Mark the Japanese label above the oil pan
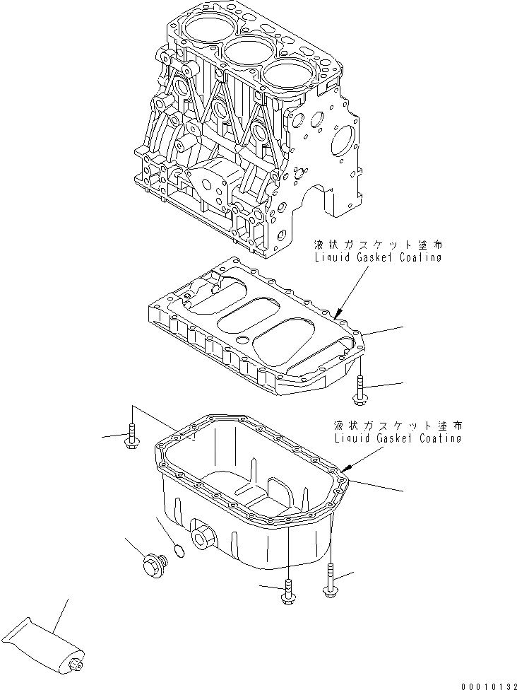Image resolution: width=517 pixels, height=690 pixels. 400,426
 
